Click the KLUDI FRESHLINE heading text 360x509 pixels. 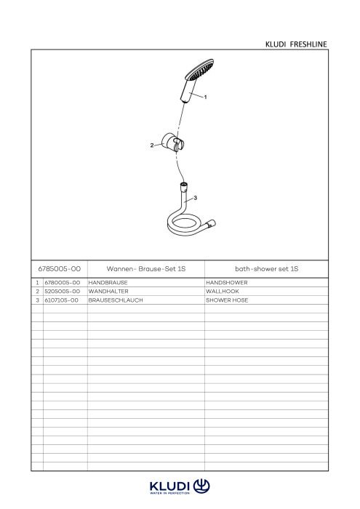point(296,44)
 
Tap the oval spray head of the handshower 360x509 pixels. point(199,70)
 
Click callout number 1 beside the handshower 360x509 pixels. point(205,97)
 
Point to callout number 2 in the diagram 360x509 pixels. point(152,145)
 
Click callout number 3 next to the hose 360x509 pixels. point(195,198)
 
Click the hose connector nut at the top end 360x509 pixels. point(184,188)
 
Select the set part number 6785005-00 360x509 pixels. point(60,269)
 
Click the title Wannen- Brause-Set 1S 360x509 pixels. point(146,269)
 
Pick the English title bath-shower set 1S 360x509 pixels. point(266,269)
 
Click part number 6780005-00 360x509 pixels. point(63,283)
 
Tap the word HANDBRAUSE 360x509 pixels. point(108,283)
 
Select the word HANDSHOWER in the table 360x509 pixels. point(227,283)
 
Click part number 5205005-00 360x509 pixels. point(63,292)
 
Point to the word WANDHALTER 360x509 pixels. point(108,292)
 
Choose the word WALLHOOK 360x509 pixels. point(223,292)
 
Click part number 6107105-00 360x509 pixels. point(61,300)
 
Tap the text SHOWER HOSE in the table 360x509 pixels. point(227,300)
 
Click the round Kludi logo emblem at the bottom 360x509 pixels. point(201,486)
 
